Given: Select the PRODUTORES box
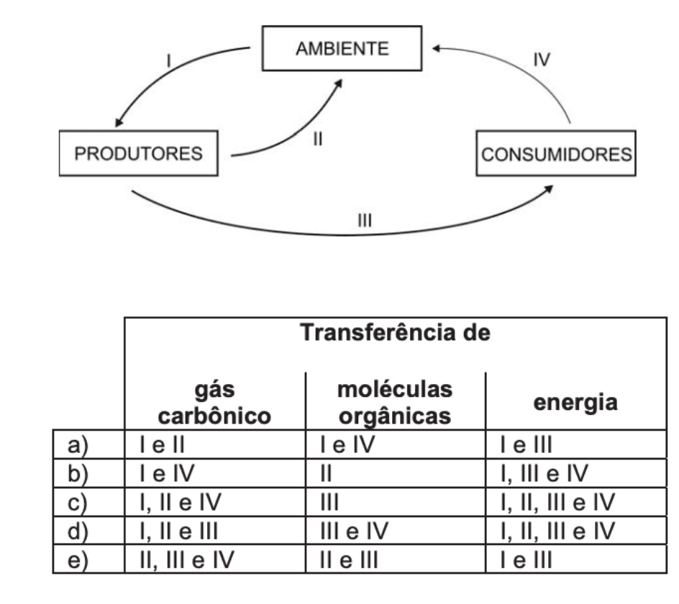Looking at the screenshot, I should pyautogui.click(x=140, y=153).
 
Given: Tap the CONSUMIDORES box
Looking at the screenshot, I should pyautogui.click(x=556, y=154).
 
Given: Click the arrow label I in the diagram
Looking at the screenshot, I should pyautogui.click(x=168, y=60).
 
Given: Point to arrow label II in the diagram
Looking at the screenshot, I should pyautogui.click(x=316, y=139).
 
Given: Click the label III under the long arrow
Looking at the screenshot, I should pyautogui.click(x=365, y=220).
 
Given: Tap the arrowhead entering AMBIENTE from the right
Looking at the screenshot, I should pyautogui.click(x=437, y=49).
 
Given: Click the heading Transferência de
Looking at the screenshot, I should pyautogui.click(x=395, y=334).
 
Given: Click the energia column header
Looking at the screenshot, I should pyautogui.click(x=575, y=402).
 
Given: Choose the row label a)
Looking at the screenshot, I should pyautogui.click(x=76, y=447).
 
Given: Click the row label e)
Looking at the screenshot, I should pyautogui.click(x=76, y=559).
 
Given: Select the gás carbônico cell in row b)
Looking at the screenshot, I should pyautogui.click(x=168, y=475).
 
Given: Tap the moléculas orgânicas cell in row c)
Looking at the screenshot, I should pyautogui.click(x=330, y=503).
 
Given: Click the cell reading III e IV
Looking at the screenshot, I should pyautogui.click(x=354, y=531).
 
